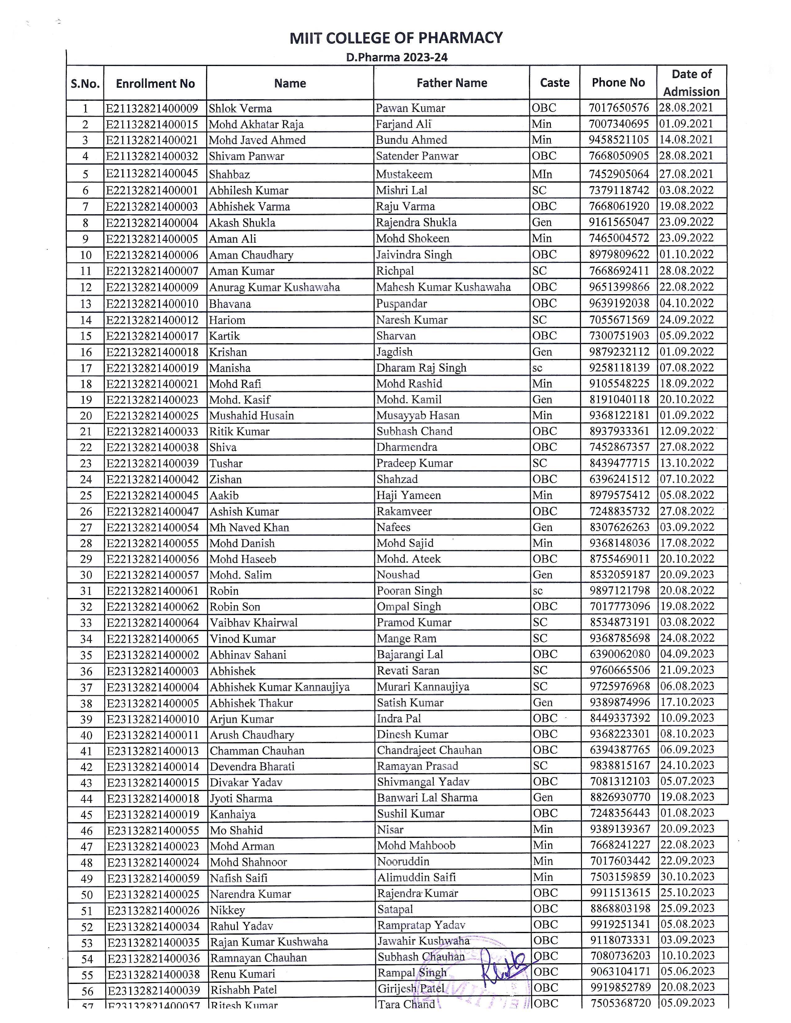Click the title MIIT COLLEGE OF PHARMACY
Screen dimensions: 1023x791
coord(396,38)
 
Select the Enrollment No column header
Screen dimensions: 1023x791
coord(155,83)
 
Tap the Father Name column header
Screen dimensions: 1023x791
coord(452,83)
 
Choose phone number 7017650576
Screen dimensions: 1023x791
coord(619,108)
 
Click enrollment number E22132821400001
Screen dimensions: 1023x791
coord(152,190)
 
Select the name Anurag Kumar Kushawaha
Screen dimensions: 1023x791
coord(274,287)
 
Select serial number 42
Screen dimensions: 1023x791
coord(86,767)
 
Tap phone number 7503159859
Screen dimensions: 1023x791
coord(620,877)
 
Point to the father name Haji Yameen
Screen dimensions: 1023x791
coord(409,495)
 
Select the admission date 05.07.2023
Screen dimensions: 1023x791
coord(687,781)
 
